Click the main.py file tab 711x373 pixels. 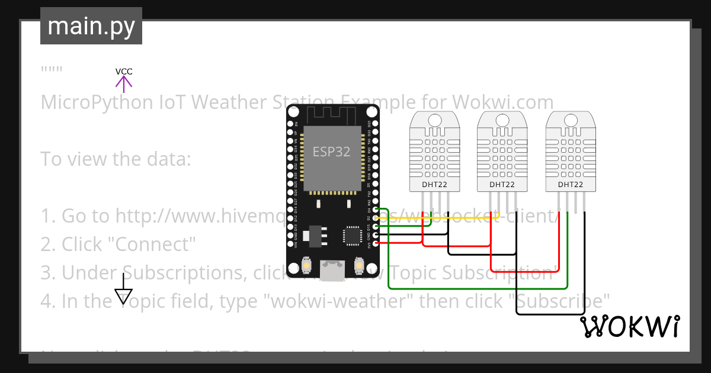91,26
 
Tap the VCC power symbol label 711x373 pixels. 124,72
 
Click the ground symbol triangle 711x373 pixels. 123,296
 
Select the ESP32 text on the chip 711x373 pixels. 331,152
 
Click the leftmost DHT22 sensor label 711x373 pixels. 434,185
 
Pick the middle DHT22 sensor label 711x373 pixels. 502,185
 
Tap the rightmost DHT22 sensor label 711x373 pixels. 570,185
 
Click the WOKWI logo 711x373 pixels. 629,326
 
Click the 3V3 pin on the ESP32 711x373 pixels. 374,243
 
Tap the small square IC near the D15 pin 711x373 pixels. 352,235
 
